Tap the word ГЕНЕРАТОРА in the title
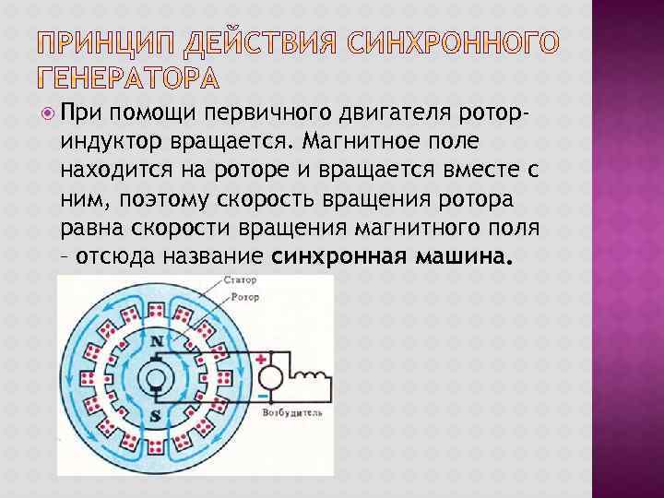pos(127,77)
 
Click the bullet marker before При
pos(48,112)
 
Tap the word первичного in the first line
pos(276,113)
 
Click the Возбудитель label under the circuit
pos(292,414)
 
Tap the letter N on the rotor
pos(157,341)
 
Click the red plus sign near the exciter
pos(261,358)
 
